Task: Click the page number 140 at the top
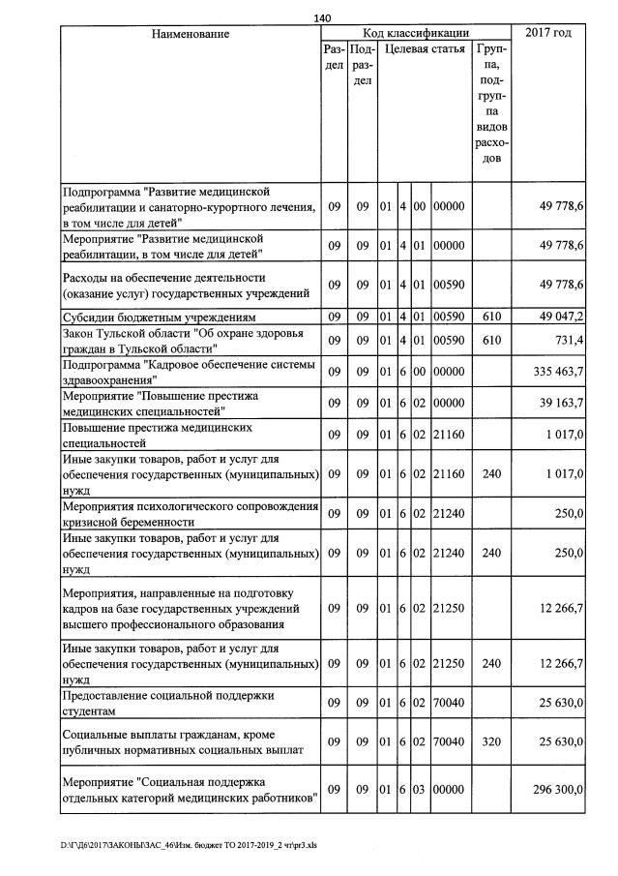(x=323, y=16)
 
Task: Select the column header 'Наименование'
(x=191, y=34)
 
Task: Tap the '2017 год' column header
(x=548, y=34)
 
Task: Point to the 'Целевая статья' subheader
(x=424, y=48)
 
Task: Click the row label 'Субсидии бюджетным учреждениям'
(x=160, y=317)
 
